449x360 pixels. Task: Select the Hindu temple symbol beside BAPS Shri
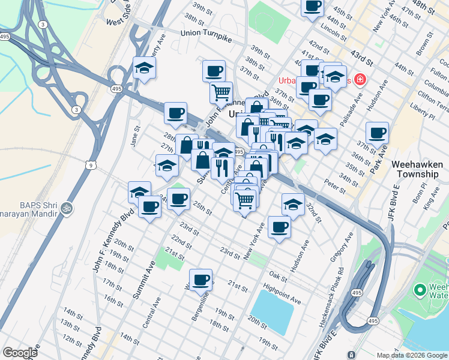click(x=67, y=208)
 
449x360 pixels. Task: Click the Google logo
click(x=20, y=353)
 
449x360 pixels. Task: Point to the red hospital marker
click(x=360, y=79)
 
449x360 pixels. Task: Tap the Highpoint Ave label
click(x=282, y=294)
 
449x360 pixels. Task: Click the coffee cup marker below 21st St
click(x=200, y=279)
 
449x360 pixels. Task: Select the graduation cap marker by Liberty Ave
click(x=145, y=68)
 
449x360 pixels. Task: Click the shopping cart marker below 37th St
click(x=221, y=92)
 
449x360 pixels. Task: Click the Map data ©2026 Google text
click(x=411, y=355)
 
